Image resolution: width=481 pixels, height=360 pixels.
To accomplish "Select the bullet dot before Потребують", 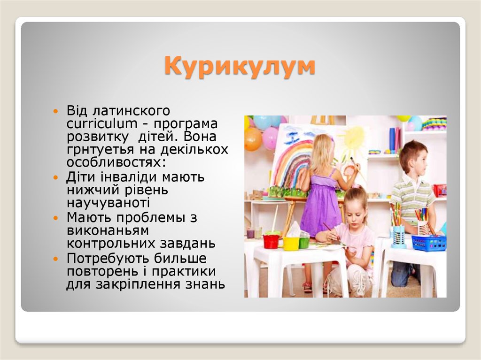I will coord(56,259).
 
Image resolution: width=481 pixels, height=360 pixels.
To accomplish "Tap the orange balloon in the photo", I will coord(253,139).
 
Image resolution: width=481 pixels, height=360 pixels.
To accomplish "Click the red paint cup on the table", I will coord(271,241).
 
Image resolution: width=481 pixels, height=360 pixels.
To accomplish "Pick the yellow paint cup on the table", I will coord(291,243).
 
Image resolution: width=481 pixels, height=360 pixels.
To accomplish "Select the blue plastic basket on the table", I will coord(428,243).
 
